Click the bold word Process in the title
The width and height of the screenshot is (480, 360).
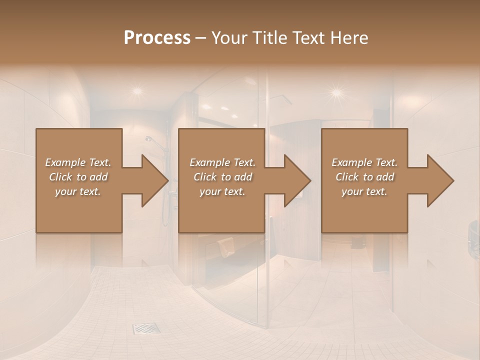tap(157, 38)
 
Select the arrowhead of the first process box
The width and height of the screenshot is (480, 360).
tap(153, 180)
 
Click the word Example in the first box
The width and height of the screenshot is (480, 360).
tap(65, 162)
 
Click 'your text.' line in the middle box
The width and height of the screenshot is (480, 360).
tap(222, 191)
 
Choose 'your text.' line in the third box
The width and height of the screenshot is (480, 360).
tap(364, 191)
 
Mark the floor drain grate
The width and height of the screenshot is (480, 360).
tap(146, 328)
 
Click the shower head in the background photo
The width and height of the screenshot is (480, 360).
tap(149, 139)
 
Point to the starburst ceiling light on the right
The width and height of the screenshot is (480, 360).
tap(336, 92)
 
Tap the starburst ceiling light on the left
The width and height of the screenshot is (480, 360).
tap(136, 91)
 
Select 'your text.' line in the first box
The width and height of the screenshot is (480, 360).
tap(78, 191)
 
